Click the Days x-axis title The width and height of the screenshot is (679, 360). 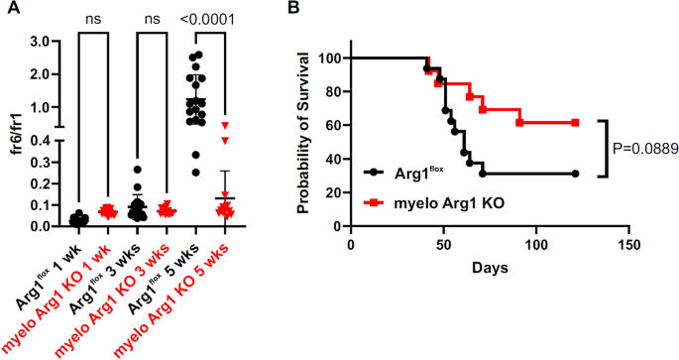click(x=489, y=269)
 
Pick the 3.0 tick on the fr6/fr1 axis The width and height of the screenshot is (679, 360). click(x=40, y=41)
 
